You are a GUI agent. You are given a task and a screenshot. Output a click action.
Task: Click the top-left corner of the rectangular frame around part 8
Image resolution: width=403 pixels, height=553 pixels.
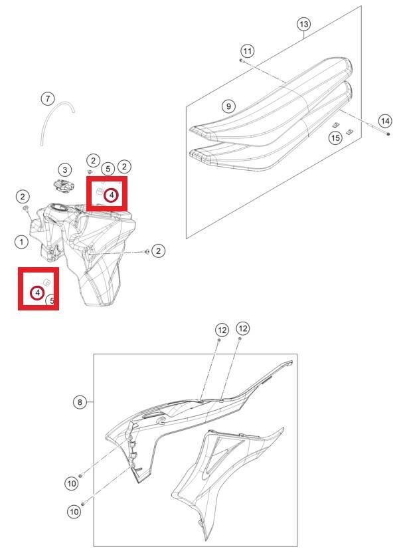coord(94,354)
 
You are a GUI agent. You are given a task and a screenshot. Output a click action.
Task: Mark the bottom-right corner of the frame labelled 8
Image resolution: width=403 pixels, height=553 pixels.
coord(297,546)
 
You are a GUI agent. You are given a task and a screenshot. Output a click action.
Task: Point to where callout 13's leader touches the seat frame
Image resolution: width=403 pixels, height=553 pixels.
coord(304,38)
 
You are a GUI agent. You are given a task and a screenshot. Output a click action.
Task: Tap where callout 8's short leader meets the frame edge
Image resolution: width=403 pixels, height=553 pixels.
coord(94,402)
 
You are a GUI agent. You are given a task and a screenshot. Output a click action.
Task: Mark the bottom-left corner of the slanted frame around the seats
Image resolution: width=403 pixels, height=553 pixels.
coord(186,239)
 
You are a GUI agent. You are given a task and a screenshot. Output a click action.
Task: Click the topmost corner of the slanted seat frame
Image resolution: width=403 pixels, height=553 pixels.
coord(361,6)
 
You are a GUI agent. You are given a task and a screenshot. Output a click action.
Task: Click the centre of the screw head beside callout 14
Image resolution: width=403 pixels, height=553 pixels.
coord(388,134)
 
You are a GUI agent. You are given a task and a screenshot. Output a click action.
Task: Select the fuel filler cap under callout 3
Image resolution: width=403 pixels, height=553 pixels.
coord(64,185)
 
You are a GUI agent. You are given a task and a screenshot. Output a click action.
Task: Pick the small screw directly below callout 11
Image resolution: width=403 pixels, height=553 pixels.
coord(241,60)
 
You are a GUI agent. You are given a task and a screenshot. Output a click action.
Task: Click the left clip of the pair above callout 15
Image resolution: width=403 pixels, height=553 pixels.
coord(336,125)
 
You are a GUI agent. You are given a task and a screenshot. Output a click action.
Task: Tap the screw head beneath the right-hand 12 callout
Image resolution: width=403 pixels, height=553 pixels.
coord(240,338)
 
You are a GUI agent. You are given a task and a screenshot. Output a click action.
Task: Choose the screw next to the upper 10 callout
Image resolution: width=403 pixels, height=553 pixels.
coord(80,476)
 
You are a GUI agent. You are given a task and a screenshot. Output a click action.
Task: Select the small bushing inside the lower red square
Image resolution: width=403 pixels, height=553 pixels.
coord(46,281)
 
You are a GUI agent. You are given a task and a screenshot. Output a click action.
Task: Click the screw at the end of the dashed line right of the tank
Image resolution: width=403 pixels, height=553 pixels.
coord(147,251)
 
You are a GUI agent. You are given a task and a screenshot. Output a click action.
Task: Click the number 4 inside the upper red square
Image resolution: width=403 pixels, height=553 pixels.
coord(112,195)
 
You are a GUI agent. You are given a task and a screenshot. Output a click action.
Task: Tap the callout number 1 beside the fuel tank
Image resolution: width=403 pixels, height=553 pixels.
coord(22,242)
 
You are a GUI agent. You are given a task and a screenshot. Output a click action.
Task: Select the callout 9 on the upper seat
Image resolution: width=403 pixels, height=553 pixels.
coord(228,106)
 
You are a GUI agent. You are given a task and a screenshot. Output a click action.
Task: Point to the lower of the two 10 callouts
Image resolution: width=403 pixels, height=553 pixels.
coord(74,511)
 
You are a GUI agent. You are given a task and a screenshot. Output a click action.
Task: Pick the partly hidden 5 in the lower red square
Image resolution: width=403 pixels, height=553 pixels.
coord(51,300)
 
